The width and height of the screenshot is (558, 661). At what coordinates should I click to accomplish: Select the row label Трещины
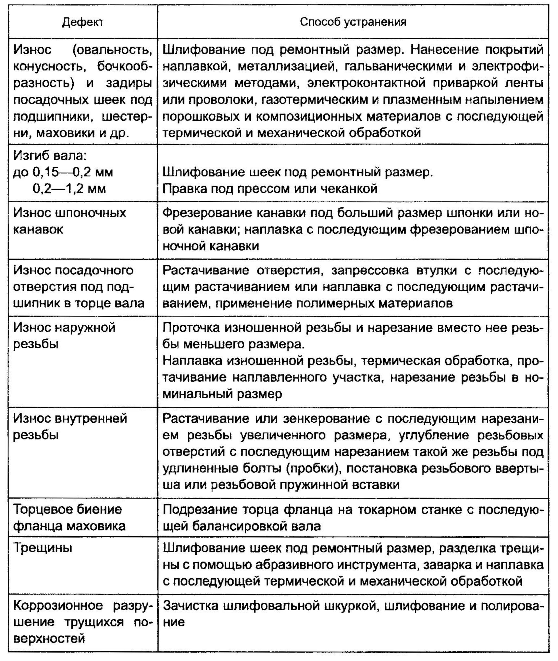click(43, 547)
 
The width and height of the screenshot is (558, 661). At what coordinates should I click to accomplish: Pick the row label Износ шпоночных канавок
click(69, 221)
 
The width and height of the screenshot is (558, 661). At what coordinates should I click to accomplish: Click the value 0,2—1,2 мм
click(69, 189)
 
